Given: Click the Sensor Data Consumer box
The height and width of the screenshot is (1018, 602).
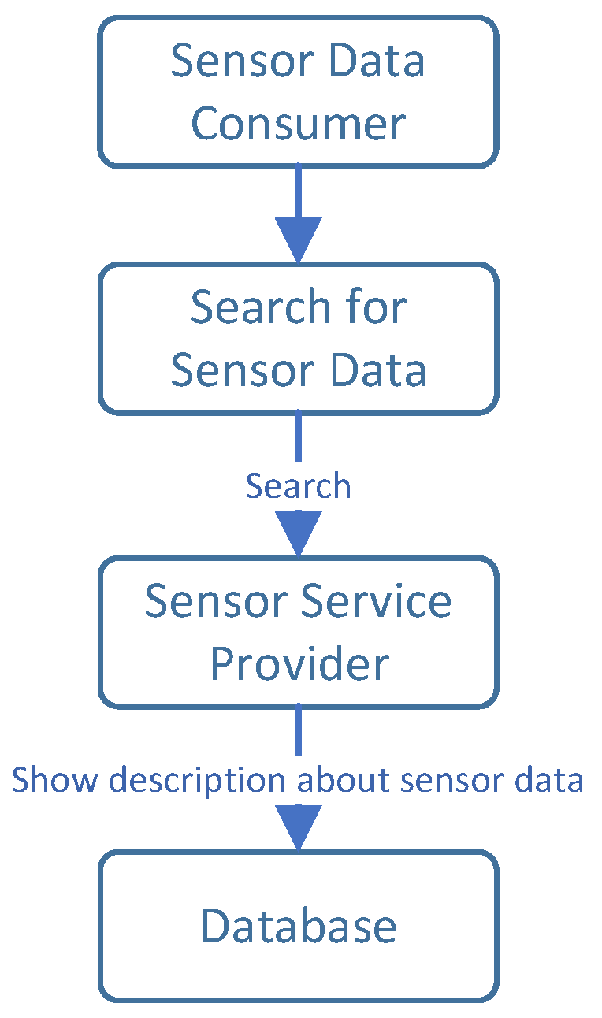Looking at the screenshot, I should (298, 92).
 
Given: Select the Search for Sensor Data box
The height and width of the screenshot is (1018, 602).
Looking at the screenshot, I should (298, 338).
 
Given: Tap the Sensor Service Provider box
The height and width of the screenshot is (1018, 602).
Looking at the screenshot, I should (298, 632).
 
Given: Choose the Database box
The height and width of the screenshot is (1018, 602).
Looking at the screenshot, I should (298, 926).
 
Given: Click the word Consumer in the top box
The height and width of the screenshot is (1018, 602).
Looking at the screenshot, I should (298, 124).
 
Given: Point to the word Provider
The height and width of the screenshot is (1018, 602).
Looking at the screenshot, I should (299, 664).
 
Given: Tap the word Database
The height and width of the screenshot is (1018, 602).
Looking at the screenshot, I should (298, 927).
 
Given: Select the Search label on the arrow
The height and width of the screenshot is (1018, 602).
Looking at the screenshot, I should (298, 486).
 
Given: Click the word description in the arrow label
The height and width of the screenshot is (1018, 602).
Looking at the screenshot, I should (196, 780).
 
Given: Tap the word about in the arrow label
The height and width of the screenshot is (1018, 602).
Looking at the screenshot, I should (344, 780).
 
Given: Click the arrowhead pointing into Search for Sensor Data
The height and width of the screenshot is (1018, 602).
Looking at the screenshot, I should (298, 239).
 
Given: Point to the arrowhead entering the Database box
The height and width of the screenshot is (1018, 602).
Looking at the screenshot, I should (298, 827).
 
